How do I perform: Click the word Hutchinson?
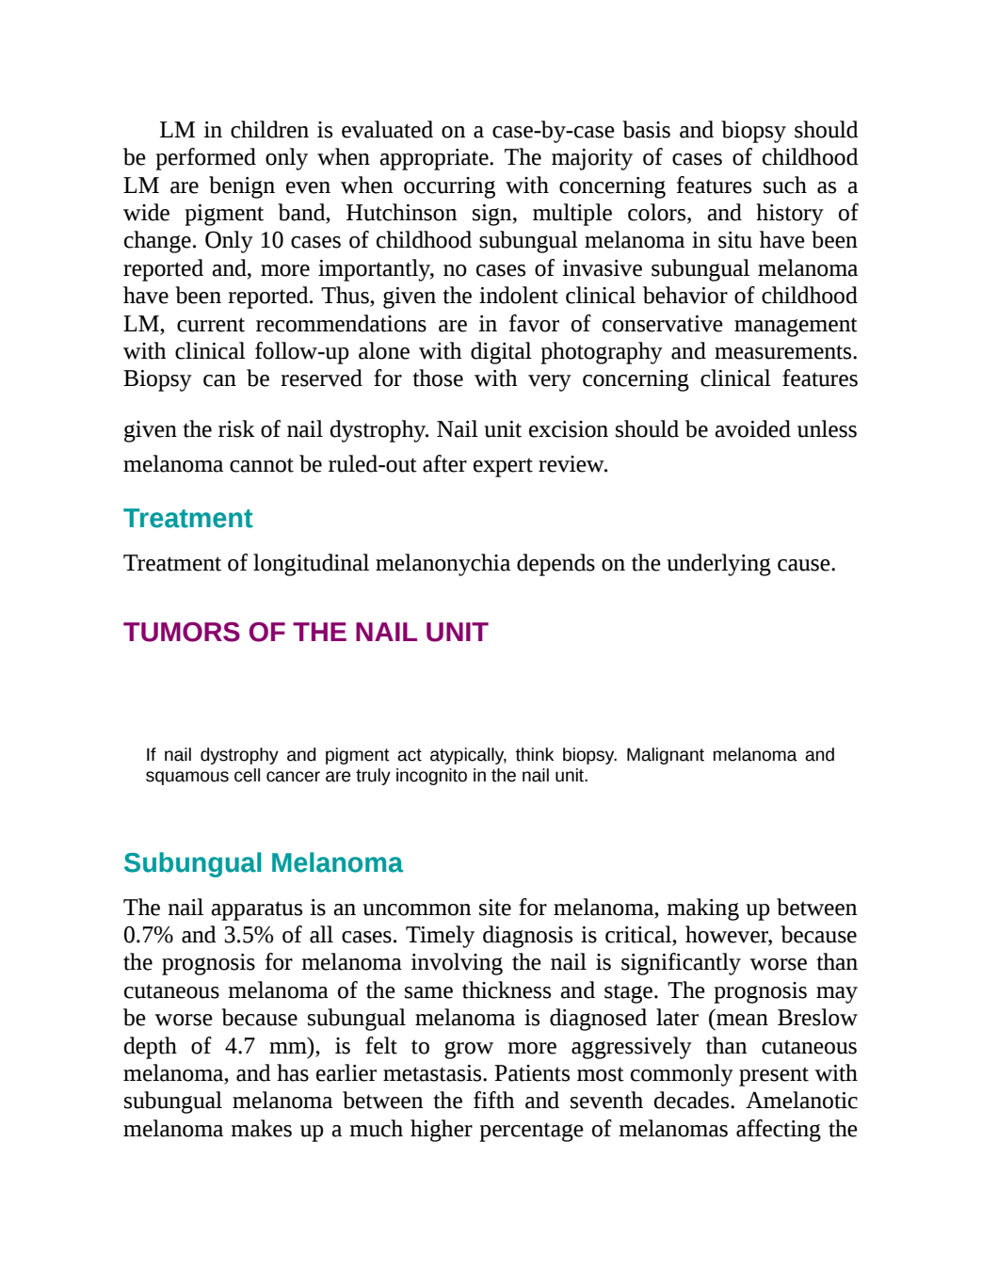pos(401,213)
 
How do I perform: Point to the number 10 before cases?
pos(271,240)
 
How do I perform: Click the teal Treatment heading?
pos(187,518)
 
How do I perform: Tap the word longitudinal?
pos(311,563)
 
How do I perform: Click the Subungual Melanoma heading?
pos(264,862)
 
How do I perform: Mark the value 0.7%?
pos(149,935)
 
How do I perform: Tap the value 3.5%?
pos(249,935)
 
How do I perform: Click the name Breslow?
pos(817,1019)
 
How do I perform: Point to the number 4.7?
pos(240,1046)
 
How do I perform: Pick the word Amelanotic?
pos(802,1102)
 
